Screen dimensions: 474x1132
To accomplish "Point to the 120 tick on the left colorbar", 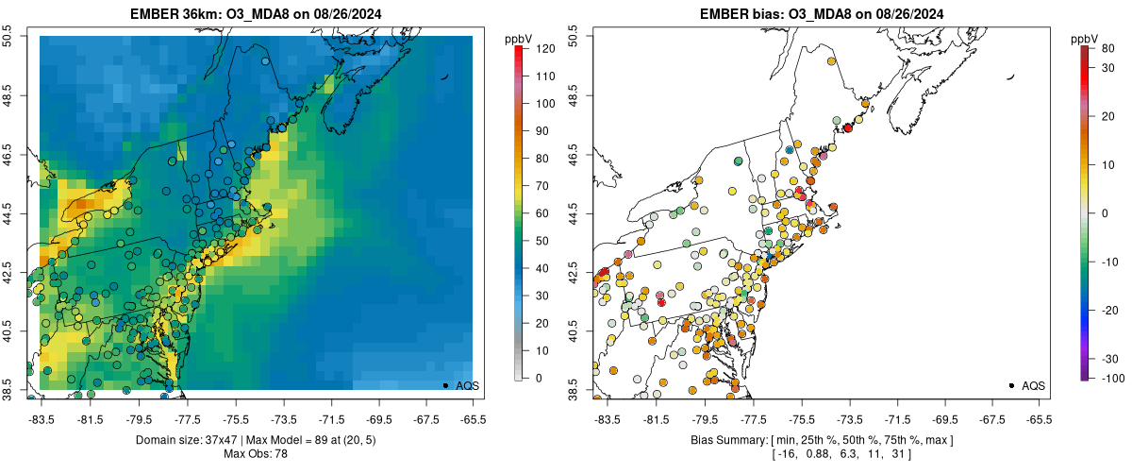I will (544, 47).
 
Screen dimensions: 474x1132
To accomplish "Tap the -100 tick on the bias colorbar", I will (1110, 378).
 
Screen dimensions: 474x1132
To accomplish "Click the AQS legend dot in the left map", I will (445, 385).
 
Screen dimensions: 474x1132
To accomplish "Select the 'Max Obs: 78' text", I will (256, 454).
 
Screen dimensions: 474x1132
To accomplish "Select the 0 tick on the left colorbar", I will (538, 378).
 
